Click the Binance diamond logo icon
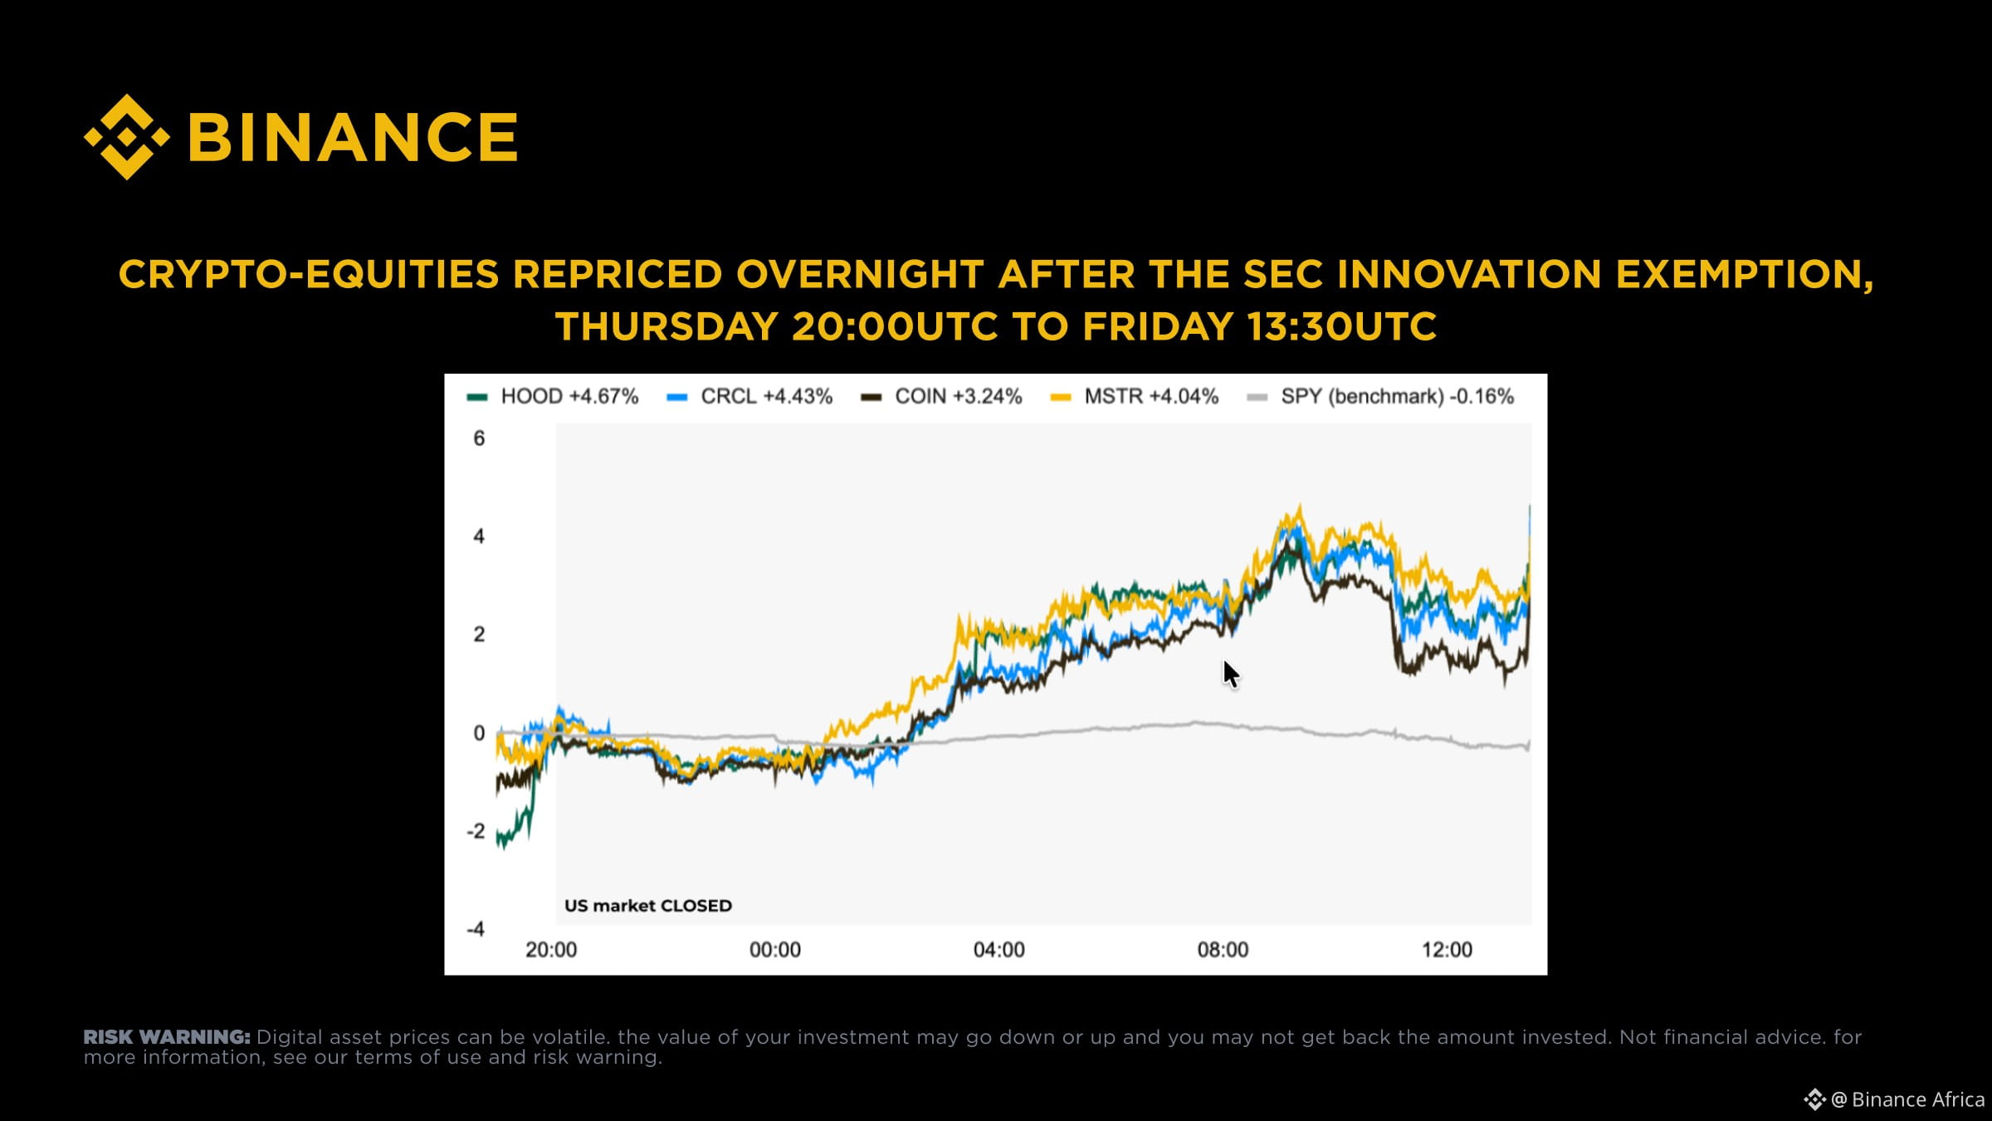coord(127,137)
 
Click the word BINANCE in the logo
coord(354,137)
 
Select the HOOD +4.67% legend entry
coord(553,397)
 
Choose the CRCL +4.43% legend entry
coord(749,397)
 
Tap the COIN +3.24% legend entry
coord(941,397)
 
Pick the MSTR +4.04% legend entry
coord(1135,397)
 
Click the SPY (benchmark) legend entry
coord(1381,397)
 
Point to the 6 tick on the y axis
coord(479,438)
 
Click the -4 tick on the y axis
coord(476,929)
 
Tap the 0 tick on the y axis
coord(479,733)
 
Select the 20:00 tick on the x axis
coord(551,950)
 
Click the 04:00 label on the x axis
coord(999,950)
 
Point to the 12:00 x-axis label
coord(1448,950)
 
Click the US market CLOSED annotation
coord(648,906)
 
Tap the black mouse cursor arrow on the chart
coord(1231,674)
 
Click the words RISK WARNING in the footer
coord(167,1037)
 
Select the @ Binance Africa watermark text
coord(1907,1099)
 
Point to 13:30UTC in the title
coord(1342,326)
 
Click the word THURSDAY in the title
coord(666,326)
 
